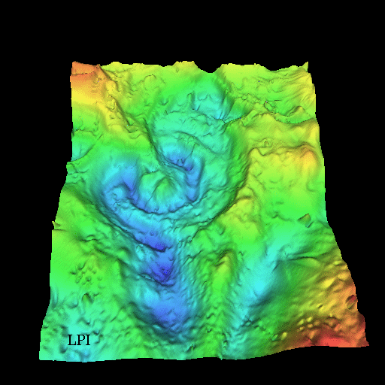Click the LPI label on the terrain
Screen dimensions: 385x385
coord(79,340)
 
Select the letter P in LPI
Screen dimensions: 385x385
coord(80,340)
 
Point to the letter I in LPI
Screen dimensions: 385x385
coord(88,340)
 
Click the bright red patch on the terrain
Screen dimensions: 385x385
coord(335,338)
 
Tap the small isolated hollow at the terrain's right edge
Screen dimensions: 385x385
coord(306,220)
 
